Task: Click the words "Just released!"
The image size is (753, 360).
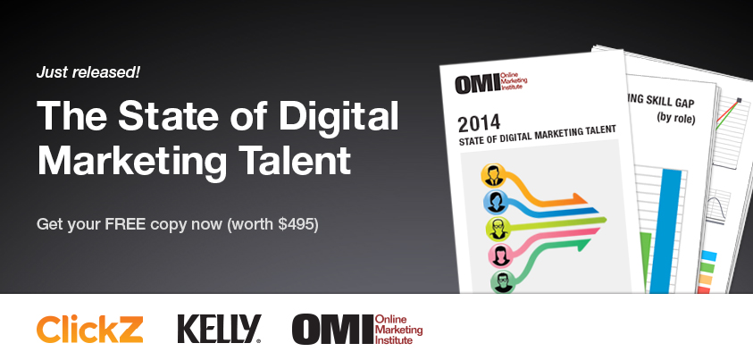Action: pos(88,72)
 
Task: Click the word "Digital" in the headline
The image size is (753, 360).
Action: pos(339,116)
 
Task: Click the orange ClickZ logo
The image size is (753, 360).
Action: pos(90,329)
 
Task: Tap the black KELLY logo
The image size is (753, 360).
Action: pos(219,329)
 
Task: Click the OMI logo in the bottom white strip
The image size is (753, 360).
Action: pos(357,330)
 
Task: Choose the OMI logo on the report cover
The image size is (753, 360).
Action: pos(490,82)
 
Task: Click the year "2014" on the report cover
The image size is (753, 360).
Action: pos(479,121)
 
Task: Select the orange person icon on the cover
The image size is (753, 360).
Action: pos(493,175)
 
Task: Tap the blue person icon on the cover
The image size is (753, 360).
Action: pos(495,202)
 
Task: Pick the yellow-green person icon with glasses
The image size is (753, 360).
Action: pos(498,229)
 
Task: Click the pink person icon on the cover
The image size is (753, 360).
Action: pos(500,255)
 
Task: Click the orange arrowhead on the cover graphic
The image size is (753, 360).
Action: pos(578,198)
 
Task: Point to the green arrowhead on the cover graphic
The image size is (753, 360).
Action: pos(582,246)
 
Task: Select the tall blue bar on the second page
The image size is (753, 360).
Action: pos(672,230)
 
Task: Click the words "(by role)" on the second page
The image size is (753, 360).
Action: pos(676,118)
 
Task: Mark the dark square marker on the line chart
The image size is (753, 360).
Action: pos(739,100)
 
